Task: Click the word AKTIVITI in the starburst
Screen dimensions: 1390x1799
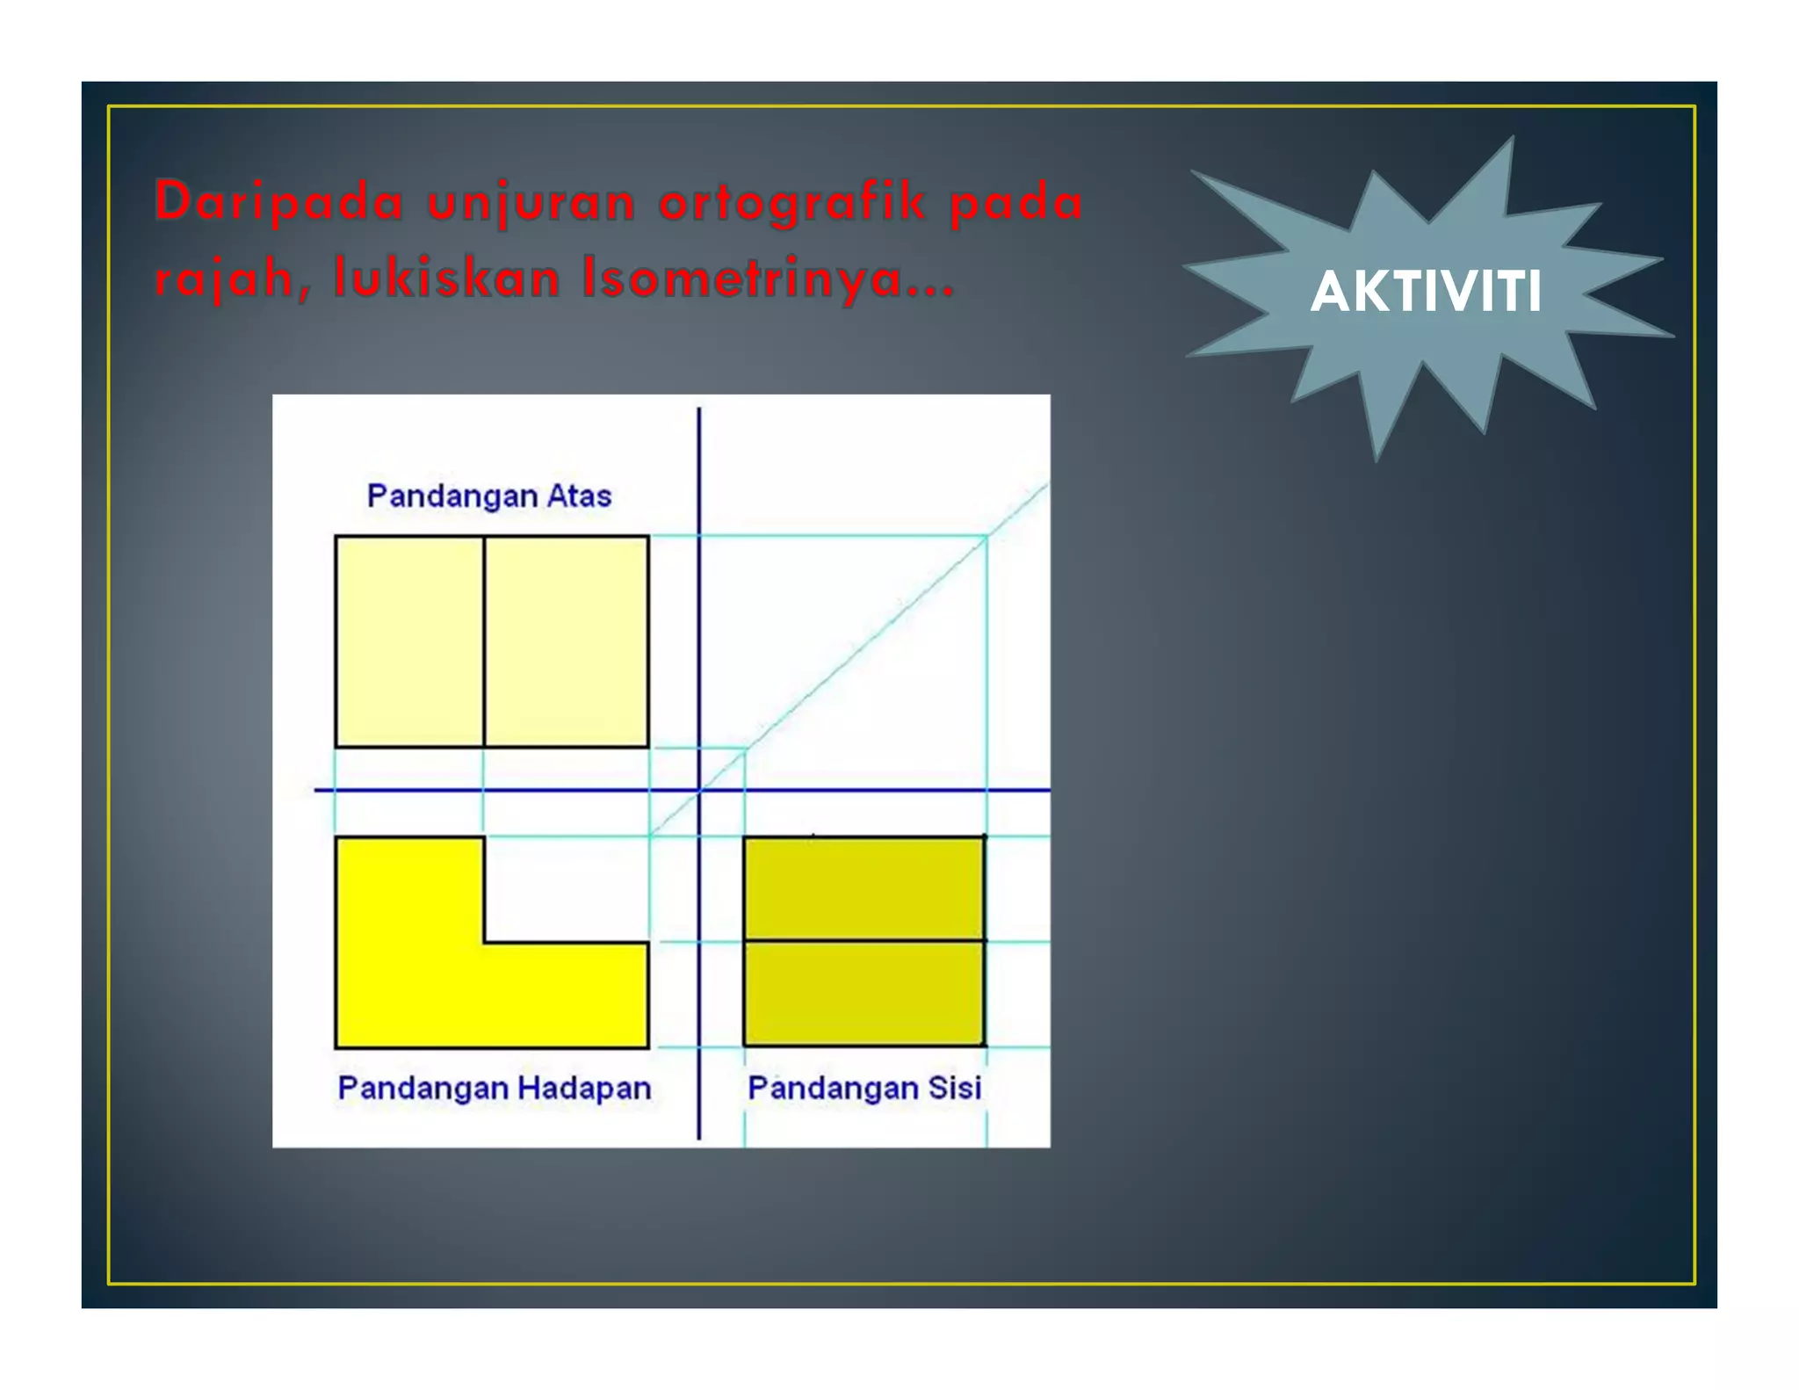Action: pos(1425,292)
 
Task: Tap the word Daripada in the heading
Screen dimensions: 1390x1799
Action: pos(279,201)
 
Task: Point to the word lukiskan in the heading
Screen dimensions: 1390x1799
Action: pos(446,278)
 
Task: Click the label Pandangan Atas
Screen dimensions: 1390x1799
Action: pos(488,496)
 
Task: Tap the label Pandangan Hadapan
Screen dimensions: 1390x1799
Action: pos(494,1088)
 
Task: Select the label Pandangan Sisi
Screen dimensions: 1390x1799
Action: pos(864,1088)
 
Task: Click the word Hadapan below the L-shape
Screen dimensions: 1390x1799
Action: pos(583,1088)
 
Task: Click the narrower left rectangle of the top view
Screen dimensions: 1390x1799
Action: pos(409,641)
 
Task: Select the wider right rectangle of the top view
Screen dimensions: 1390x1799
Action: pos(567,641)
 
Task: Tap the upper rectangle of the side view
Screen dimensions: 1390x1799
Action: pos(864,887)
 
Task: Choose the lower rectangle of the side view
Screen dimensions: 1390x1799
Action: pos(864,993)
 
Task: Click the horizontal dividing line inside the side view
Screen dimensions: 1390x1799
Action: pos(864,941)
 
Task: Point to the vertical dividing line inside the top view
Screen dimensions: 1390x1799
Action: pos(484,641)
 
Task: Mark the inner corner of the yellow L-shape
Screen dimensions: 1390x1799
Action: pos(485,943)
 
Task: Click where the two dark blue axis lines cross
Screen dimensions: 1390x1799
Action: pos(699,790)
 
